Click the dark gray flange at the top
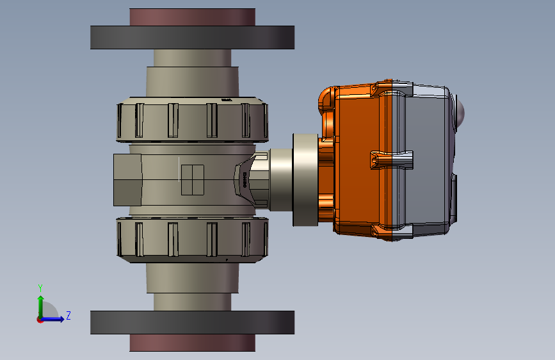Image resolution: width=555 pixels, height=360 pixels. [192, 38]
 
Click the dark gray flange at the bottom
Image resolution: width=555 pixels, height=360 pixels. [192, 322]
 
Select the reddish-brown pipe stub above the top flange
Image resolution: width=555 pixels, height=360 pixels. [192, 17]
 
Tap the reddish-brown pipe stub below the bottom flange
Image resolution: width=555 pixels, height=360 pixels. [192, 343]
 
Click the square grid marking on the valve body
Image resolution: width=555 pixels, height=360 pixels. [192, 179]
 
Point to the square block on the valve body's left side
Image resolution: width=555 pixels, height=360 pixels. [127, 180]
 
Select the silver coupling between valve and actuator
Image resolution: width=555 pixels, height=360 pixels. [280, 179]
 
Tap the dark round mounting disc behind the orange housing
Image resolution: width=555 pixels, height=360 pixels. [305, 179]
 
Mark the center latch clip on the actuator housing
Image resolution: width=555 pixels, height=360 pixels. [392, 159]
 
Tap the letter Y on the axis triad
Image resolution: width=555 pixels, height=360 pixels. [40, 288]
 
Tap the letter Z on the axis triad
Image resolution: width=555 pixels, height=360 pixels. [68, 316]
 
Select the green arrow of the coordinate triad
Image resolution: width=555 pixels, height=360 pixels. [40, 304]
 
